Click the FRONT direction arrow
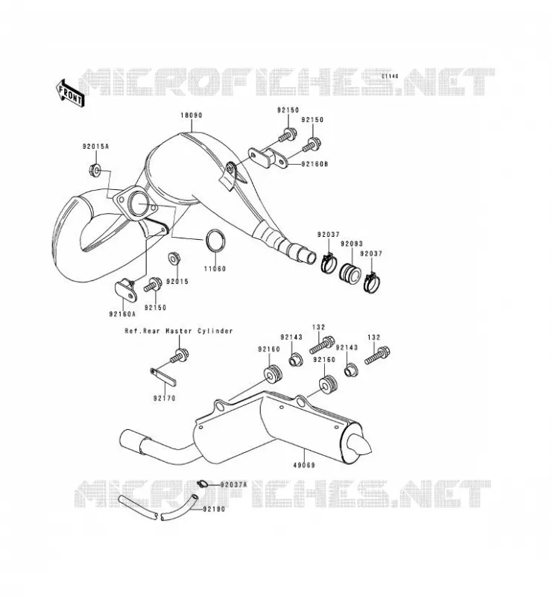[70, 93]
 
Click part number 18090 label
[192, 115]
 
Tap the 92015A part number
[95, 146]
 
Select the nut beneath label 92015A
[95, 169]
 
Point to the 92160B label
[315, 164]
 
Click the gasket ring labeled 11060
[215, 241]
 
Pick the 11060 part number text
[215, 269]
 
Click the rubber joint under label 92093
[350, 272]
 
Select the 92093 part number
[352, 244]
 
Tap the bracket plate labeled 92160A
[126, 290]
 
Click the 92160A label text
[122, 314]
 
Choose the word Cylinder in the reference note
[215, 331]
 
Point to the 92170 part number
[164, 399]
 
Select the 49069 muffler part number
[304, 465]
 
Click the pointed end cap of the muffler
[360, 444]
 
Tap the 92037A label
[233, 485]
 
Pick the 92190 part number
[214, 509]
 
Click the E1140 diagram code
[391, 76]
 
